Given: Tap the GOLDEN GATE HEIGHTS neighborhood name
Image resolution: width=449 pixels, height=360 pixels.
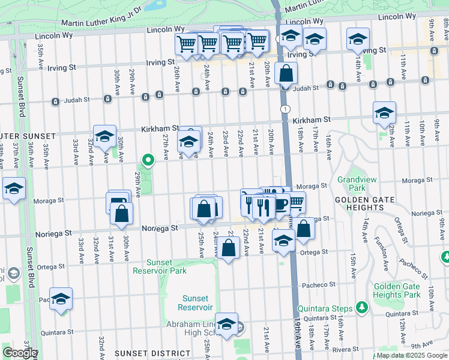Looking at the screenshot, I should [359, 203].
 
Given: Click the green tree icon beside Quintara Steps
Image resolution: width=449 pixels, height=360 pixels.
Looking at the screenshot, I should [361, 308].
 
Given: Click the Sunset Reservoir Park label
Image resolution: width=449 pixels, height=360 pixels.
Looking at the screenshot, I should [166, 266].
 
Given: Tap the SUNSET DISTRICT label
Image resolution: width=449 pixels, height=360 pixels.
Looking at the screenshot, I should [143, 353].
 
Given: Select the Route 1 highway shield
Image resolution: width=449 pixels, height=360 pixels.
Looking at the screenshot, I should [284, 108].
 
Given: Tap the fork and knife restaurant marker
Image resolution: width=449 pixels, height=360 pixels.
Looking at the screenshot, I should [263, 207].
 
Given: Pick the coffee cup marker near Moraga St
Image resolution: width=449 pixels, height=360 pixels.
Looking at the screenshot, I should [279, 204].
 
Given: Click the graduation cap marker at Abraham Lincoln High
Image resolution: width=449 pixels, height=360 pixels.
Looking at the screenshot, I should [226, 325].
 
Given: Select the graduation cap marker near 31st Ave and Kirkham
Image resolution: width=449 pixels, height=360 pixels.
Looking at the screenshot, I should [104, 136].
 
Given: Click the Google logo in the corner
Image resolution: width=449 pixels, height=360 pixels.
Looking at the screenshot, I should [19, 353].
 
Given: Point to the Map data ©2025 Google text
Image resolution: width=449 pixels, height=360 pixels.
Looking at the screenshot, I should [412, 355].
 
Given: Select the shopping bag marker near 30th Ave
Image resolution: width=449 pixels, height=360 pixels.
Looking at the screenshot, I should [121, 214].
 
